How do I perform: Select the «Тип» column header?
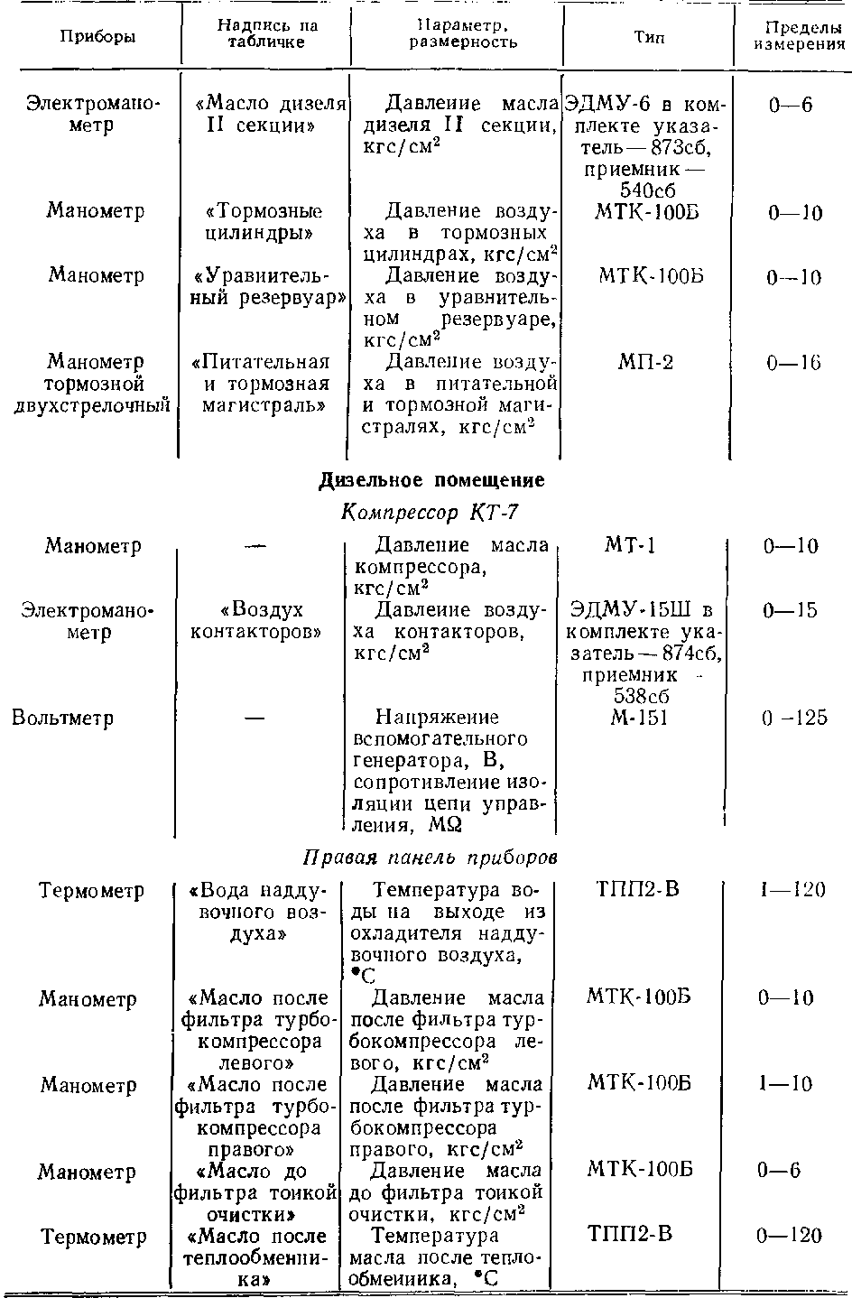click(649, 39)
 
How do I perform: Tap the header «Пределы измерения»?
click(793, 34)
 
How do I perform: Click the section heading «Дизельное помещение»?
click(431, 480)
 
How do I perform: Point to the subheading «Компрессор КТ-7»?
click(430, 513)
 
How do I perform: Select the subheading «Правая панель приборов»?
click(429, 857)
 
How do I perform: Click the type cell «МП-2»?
click(645, 362)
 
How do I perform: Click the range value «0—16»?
click(793, 363)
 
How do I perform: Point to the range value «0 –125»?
click(793, 719)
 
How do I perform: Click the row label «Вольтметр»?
click(62, 719)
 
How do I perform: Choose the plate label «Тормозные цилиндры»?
click(263, 222)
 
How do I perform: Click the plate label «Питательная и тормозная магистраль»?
click(261, 384)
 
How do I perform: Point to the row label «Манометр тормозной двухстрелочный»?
click(92, 384)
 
